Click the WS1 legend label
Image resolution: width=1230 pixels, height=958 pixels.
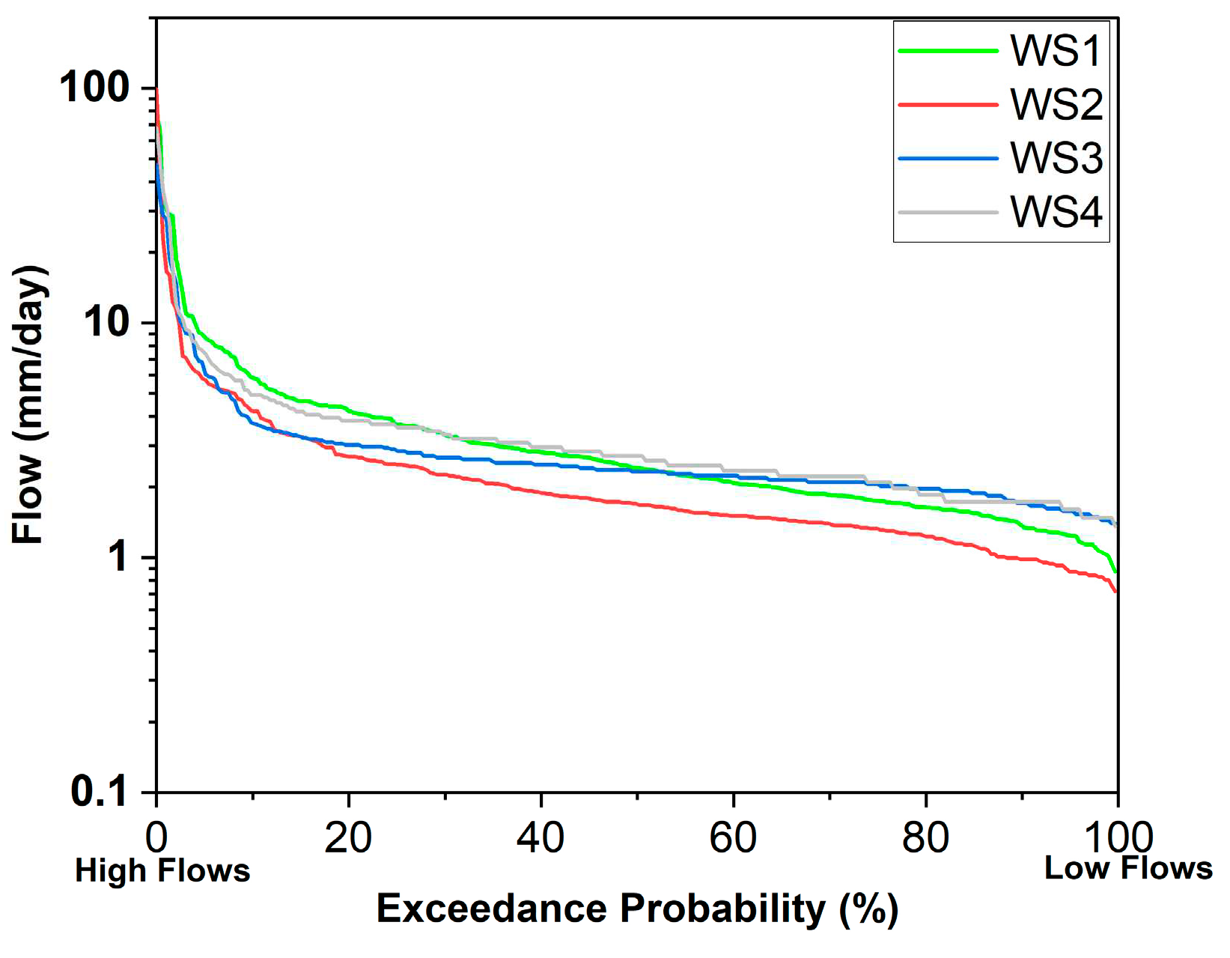coord(1056,51)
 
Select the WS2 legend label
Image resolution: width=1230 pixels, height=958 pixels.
coord(1056,105)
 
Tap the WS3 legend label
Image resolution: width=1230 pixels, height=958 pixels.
coord(1056,159)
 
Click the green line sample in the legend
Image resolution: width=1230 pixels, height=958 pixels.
coord(948,51)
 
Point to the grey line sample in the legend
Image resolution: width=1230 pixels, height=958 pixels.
coord(948,212)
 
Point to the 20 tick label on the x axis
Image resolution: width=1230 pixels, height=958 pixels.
coord(348,837)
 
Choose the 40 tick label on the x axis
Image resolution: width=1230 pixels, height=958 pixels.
coord(541,837)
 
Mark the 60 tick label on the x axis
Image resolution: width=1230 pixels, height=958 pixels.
coord(733,837)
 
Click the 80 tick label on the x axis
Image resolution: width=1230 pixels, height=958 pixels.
coord(925,837)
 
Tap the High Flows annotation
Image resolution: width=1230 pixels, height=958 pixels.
coord(162,871)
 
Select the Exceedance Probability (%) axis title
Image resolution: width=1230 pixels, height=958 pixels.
coord(636,909)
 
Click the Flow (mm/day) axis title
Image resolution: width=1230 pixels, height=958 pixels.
coord(30,404)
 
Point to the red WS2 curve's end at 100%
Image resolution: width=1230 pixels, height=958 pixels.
coord(1115,591)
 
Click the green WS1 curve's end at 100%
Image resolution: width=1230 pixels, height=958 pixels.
coord(1115,571)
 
